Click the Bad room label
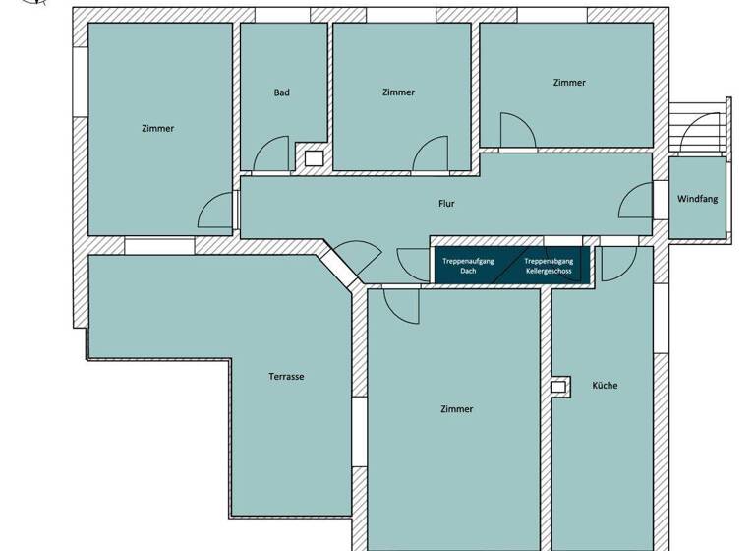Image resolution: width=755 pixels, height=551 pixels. (281, 92)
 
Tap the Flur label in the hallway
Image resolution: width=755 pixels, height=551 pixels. (446, 204)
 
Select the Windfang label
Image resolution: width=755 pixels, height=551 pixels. (698, 199)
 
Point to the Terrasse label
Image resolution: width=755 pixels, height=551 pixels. (286, 377)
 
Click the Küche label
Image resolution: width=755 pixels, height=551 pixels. (605, 386)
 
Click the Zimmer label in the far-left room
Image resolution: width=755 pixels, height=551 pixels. (157, 128)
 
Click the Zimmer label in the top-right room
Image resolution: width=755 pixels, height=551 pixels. (569, 83)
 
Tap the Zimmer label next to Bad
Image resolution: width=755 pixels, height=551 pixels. (398, 92)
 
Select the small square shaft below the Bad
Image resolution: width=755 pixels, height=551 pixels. (314, 157)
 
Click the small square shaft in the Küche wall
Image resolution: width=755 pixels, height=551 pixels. (559, 387)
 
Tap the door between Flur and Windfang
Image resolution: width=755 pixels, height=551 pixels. (637, 203)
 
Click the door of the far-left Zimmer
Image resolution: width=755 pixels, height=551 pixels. (215, 211)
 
